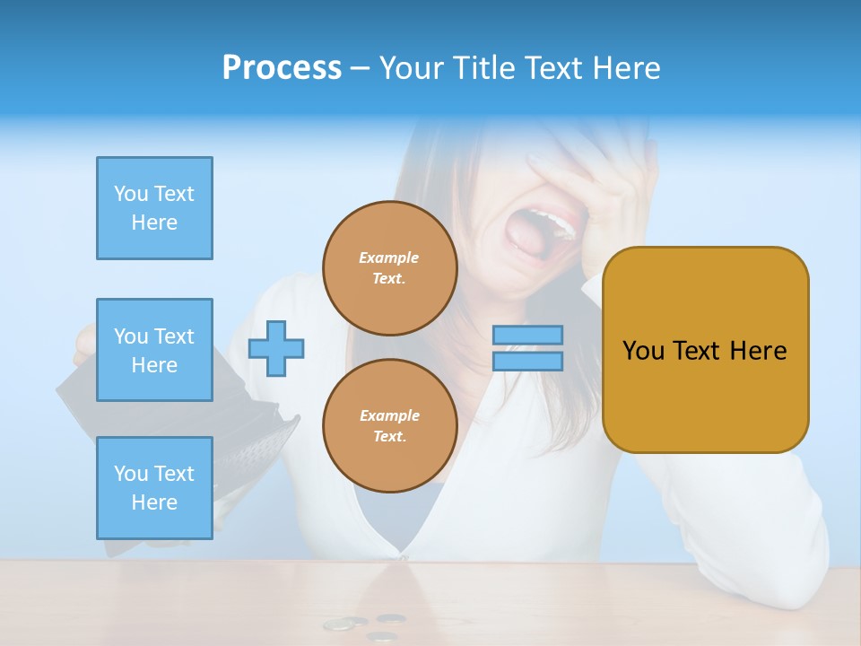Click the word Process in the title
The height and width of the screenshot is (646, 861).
(x=282, y=68)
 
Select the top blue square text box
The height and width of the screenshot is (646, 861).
(x=154, y=208)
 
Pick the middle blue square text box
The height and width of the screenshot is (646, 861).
(x=154, y=350)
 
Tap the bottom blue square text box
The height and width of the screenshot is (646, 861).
(x=154, y=487)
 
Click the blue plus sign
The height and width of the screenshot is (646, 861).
(x=276, y=349)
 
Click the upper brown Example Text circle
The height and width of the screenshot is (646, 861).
(x=389, y=268)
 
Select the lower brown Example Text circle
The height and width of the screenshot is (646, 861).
(x=389, y=425)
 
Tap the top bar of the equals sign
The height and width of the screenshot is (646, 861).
(x=527, y=336)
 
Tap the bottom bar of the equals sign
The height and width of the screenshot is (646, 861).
(x=527, y=362)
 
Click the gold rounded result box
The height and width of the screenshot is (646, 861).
(x=705, y=349)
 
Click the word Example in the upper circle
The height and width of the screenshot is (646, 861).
(x=389, y=258)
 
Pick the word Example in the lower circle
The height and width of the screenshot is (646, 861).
(x=389, y=415)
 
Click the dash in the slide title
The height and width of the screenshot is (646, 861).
(x=361, y=68)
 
